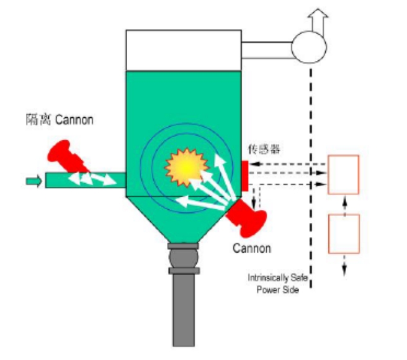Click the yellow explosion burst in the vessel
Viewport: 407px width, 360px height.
pos(186,168)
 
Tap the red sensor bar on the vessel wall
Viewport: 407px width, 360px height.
pos(245,176)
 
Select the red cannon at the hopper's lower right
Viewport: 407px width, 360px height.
pos(247,218)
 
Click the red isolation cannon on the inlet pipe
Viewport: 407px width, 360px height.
pos(67,156)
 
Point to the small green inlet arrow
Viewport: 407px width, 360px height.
pos(34,181)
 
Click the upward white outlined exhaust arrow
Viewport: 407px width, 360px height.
pos(318,22)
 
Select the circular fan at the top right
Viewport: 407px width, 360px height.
pos(309,47)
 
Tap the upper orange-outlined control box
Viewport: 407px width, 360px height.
pos(344,174)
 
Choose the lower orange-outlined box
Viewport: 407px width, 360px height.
pos(344,234)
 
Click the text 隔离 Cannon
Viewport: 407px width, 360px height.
pos(60,120)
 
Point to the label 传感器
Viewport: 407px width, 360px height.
pos(264,150)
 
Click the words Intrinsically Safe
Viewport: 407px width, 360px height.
pos(278,277)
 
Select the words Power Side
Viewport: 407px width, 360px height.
pos(278,289)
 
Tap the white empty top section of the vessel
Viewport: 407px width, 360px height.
pos(184,50)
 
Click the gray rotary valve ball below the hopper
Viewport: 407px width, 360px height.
pos(184,258)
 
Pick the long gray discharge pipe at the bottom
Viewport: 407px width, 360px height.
pos(184,310)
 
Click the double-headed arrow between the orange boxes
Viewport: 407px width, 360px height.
pos(344,204)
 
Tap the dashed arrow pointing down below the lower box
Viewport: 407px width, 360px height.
pos(344,265)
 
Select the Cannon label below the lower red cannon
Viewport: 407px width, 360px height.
pos(251,248)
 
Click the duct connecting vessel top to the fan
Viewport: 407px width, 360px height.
pos(267,50)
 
